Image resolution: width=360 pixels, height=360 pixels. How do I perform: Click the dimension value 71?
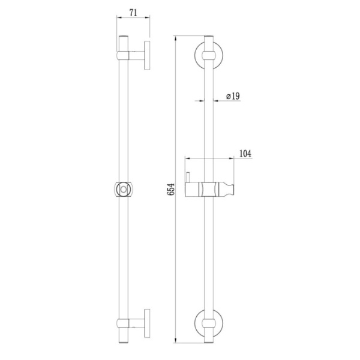133,13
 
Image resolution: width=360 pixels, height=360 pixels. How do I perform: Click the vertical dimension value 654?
170,189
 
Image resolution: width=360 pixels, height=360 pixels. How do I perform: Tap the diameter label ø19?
233,96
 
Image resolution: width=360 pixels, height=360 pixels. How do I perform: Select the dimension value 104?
245,154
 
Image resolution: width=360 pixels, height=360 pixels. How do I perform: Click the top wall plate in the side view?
147,56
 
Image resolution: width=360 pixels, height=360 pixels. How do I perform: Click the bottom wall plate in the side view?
147,323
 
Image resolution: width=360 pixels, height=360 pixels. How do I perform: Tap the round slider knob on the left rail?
124,190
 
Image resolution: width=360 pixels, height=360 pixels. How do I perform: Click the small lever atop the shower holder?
188,177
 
